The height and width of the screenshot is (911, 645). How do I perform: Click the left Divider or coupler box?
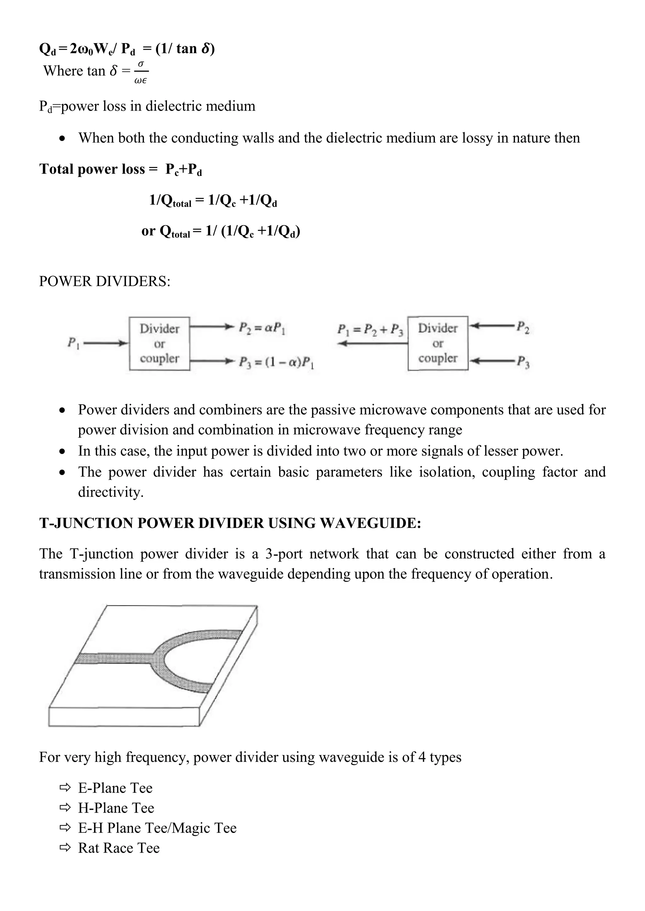point(159,344)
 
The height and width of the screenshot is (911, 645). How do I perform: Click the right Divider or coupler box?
point(438,343)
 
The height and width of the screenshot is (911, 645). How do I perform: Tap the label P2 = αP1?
point(262,328)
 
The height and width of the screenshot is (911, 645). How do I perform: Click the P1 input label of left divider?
point(73,343)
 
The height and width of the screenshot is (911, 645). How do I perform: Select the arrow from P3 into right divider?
point(492,361)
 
